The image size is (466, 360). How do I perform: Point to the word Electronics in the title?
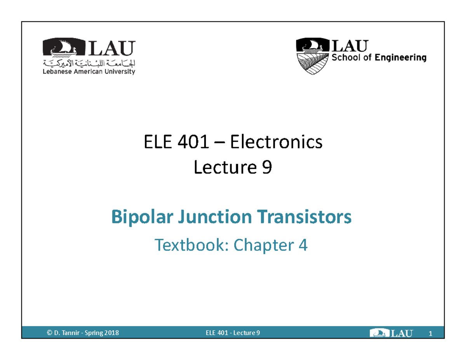[x=276, y=143]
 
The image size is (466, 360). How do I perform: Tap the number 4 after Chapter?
[x=303, y=245]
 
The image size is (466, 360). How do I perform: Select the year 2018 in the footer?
[x=111, y=333]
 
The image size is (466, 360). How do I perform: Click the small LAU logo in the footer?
[x=392, y=333]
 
